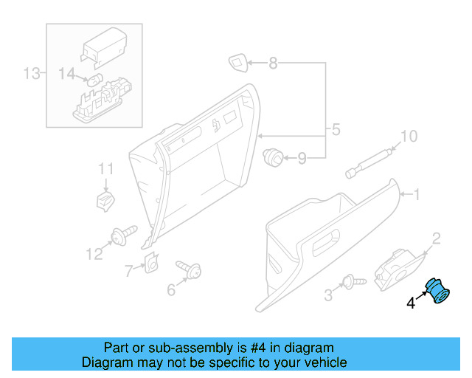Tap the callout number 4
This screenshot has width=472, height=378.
click(411, 302)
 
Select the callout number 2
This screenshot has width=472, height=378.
click(436, 237)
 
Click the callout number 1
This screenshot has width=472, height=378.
click(416, 195)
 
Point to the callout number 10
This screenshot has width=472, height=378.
click(408, 137)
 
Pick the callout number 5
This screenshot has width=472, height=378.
click(336, 131)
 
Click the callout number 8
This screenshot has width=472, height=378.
click(273, 63)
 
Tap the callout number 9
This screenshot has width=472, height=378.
click(301, 158)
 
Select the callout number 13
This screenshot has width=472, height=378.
click(30, 73)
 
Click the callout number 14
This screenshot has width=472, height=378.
click(67, 73)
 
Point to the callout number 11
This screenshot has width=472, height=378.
click(107, 169)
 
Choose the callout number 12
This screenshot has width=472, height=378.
click(94, 255)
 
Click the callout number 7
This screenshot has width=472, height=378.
click(129, 271)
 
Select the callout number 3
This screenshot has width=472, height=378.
click(328, 296)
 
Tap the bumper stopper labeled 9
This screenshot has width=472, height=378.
click(274, 156)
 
